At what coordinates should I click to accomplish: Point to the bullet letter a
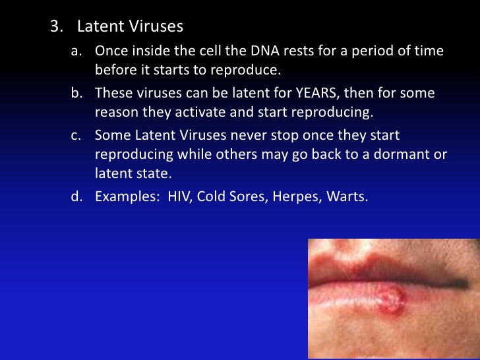tap(75, 51)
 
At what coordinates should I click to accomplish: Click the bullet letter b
tap(75, 93)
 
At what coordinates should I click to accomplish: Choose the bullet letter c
tap(75, 135)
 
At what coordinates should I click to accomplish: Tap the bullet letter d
tap(75, 196)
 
